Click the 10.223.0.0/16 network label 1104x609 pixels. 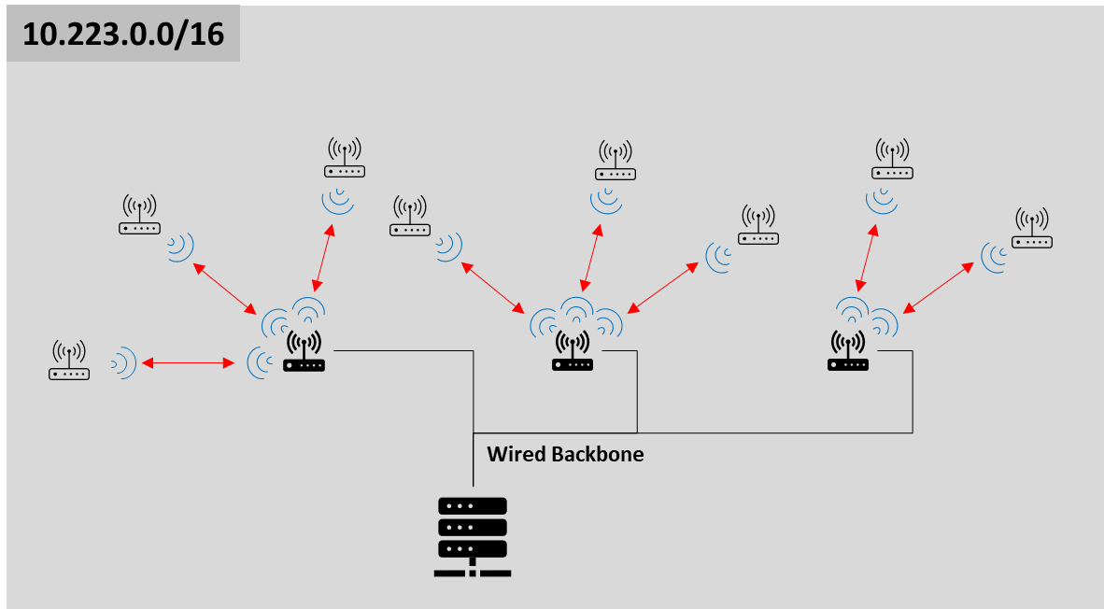point(122,34)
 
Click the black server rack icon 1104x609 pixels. point(473,537)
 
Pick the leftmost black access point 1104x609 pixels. point(304,352)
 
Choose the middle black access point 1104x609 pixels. point(573,352)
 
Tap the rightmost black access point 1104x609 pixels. point(848,352)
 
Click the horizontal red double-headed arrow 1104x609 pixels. point(188,361)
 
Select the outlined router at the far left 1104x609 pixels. point(69,361)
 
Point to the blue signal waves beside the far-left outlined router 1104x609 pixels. point(123,362)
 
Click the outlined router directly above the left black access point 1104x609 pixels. point(345,158)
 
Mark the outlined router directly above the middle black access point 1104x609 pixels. point(616,160)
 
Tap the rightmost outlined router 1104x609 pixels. point(1032,229)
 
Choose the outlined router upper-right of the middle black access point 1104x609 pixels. point(758,225)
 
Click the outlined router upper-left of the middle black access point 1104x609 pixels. point(411,216)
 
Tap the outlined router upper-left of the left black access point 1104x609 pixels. point(139,215)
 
